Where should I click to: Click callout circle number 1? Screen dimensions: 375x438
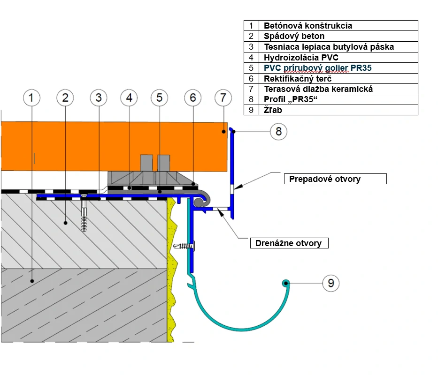[31, 98]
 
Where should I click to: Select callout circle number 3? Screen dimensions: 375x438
[98, 98]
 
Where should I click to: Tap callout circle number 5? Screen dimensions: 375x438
[160, 98]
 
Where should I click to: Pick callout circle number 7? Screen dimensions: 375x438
[223, 98]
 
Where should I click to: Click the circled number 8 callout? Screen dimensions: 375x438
[278, 131]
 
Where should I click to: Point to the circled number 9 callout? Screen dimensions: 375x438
[331, 283]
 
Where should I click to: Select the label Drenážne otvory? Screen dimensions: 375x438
[288, 243]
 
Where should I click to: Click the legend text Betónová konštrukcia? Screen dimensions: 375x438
[307, 26]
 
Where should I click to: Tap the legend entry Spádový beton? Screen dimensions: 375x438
[294, 36]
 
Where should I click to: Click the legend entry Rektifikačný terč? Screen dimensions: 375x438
[298, 78]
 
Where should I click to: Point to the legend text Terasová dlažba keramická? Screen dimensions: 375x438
[318, 89]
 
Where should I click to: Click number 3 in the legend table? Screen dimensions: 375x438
[251, 47]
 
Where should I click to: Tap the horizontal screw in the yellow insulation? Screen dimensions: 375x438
[184, 246]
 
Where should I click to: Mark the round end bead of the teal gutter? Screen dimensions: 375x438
[285, 283]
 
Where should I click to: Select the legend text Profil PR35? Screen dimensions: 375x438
[289, 99]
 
